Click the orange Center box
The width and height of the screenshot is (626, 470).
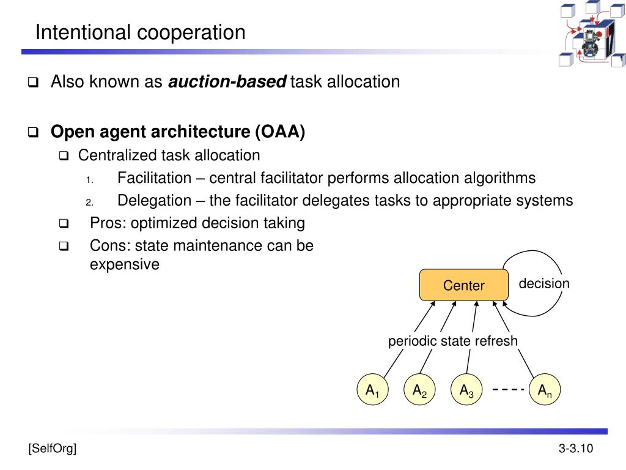[463, 285]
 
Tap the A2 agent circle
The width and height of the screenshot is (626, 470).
[419, 390]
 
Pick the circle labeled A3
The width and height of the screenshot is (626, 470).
[466, 390]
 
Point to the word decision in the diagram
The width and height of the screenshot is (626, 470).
[544, 283]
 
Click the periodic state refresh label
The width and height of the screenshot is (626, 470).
[452, 341]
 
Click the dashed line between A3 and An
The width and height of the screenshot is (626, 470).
[509, 390]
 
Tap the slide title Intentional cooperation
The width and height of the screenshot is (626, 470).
[140, 32]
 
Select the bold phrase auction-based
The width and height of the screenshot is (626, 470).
[227, 81]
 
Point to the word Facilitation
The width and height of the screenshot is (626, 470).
[154, 178]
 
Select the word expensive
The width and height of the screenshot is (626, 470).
[124, 264]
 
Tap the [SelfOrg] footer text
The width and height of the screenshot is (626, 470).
[52, 449]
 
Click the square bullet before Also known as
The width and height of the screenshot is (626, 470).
[33, 82]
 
